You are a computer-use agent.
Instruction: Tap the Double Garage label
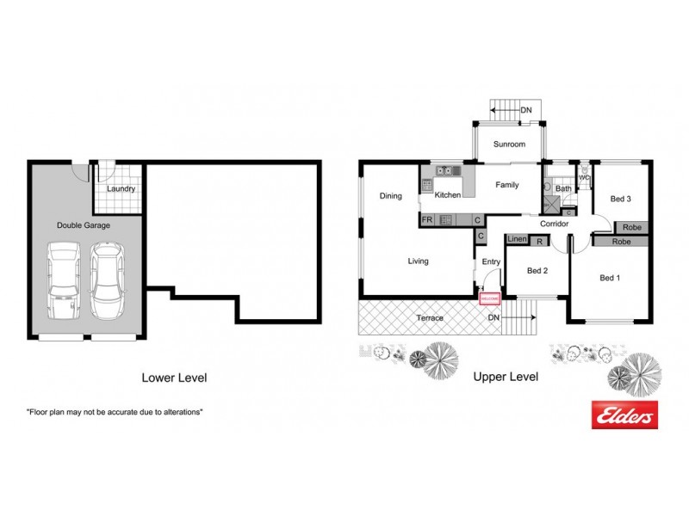coord(84,225)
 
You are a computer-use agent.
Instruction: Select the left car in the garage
coord(63,282)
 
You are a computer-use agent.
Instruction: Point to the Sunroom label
coord(509,144)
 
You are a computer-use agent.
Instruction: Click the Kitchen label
coord(448,195)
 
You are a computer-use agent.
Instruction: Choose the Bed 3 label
coord(621,199)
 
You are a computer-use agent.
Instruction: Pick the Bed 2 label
coord(537,271)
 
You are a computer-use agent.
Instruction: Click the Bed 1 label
coord(610,278)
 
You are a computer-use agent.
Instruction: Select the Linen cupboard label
coord(517,240)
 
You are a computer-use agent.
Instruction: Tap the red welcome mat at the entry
coord(489,298)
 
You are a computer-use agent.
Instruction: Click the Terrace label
coord(430,318)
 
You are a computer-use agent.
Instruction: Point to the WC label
coord(584,178)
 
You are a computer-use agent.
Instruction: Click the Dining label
coord(391,196)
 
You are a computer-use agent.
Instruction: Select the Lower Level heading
coord(174,377)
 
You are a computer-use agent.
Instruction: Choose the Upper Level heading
coord(506,377)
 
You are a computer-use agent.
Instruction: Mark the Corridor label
coord(554,224)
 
